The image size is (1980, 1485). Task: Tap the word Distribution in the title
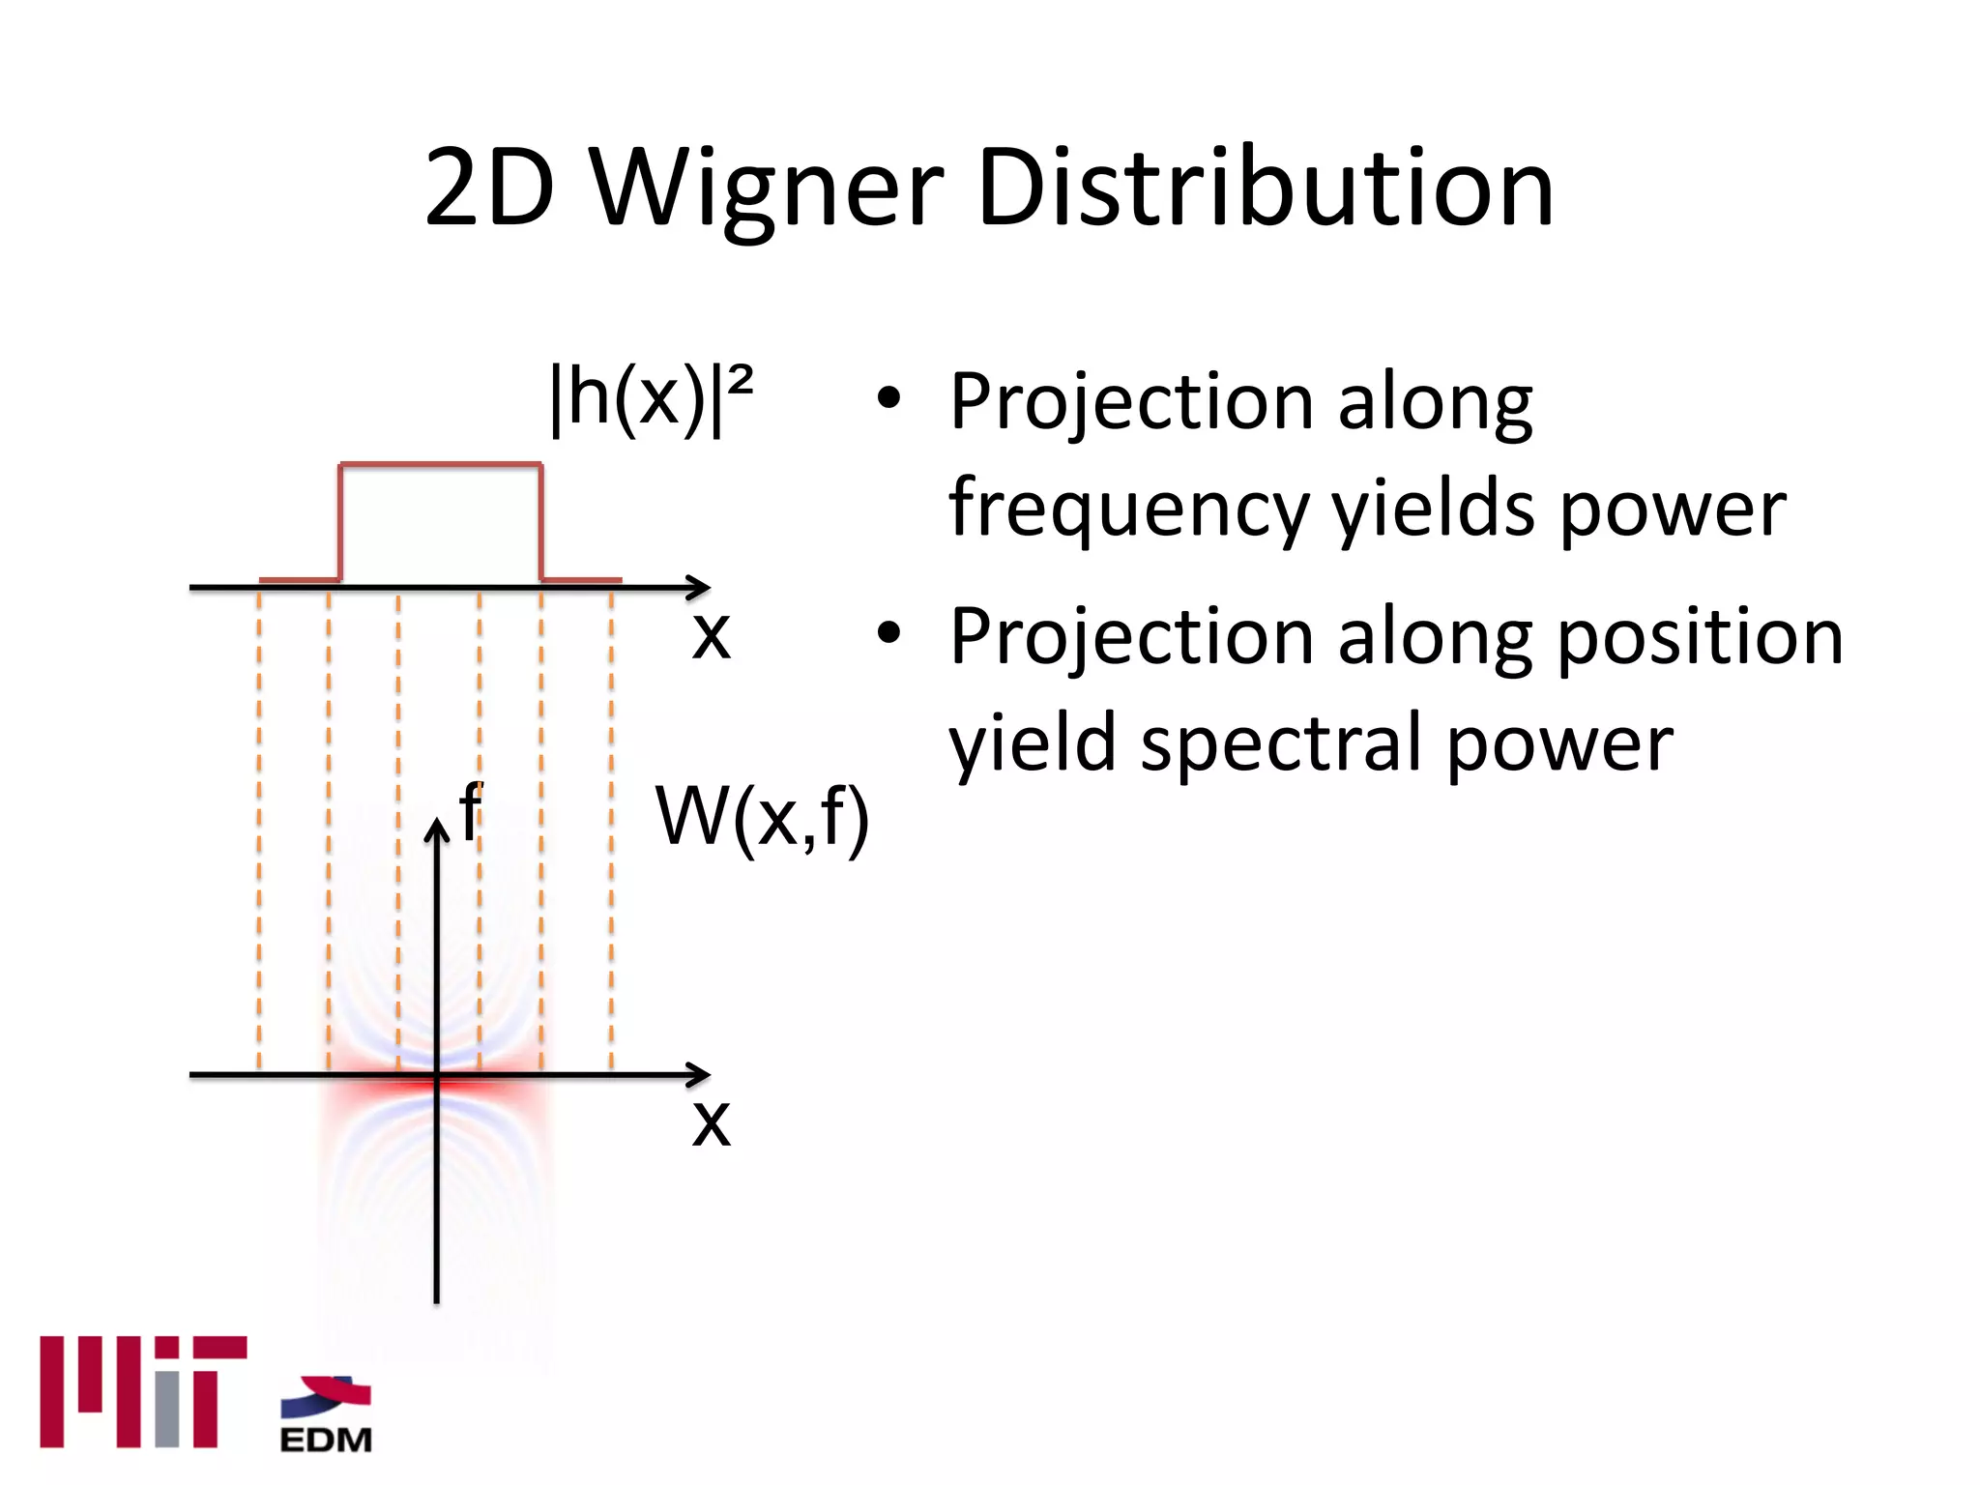tap(1265, 189)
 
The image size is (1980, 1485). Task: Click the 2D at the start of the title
tap(489, 189)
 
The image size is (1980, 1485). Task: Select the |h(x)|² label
tap(651, 398)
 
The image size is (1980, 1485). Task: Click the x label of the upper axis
tap(712, 635)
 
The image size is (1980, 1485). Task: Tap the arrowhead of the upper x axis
tap(701, 587)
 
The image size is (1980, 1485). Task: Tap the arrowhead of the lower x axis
tap(701, 1074)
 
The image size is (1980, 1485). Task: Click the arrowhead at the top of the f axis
tap(437, 829)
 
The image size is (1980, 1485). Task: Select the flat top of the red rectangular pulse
tap(440, 466)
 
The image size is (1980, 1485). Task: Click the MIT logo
tap(143, 1391)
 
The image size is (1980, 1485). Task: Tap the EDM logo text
tap(326, 1440)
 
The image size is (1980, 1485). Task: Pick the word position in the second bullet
tap(1701, 637)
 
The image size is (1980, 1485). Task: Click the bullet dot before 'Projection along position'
tap(888, 634)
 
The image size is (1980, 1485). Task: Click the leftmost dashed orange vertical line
tap(259, 831)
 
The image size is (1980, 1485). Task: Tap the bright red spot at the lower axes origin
tap(437, 1081)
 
